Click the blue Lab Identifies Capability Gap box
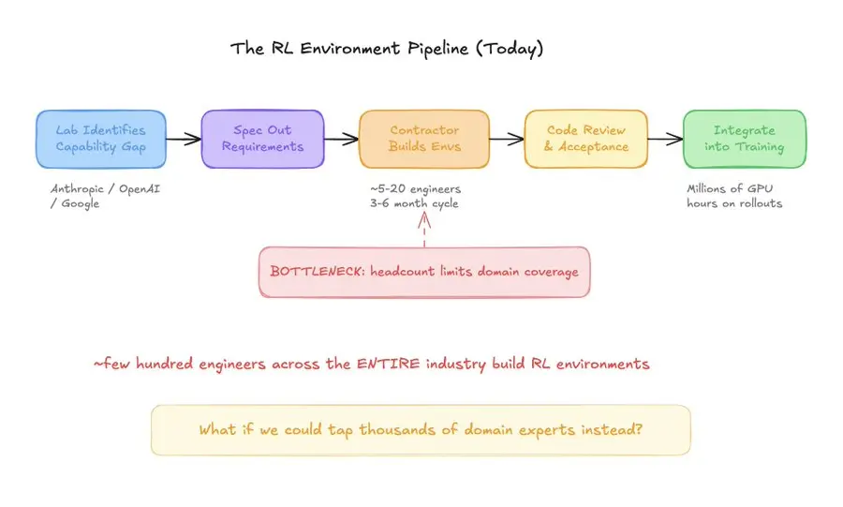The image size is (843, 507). click(101, 139)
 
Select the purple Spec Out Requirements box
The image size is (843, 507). click(262, 139)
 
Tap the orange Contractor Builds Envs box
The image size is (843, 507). click(424, 139)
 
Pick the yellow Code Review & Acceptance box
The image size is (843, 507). click(584, 139)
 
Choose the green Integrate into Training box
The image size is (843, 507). click(744, 139)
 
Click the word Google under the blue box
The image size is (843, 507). click(80, 204)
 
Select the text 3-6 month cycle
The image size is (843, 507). click(415, 204)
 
